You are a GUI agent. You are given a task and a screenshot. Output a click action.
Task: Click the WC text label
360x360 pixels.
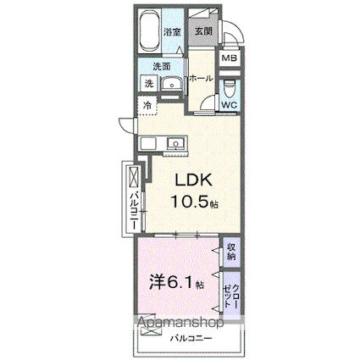(229, 105)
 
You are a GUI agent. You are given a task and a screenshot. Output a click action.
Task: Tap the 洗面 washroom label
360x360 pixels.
(162, 66)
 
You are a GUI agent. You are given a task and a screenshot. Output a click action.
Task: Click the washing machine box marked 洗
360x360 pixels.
(148, 83)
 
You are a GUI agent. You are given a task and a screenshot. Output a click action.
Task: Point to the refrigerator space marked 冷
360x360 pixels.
(147, 105)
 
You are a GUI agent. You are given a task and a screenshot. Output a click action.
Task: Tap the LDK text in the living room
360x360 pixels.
(194, 180)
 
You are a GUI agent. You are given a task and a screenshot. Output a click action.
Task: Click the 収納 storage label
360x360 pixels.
(231, 251)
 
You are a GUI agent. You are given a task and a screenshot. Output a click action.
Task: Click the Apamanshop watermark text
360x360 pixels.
(174, 323)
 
